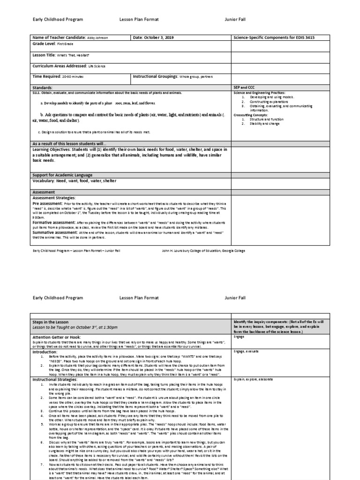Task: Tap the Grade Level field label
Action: [x=44, y=44]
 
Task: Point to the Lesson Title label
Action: [x=45, y=55]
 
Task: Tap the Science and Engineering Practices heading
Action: [x=266, y=93]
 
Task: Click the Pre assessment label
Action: [x=47, y=204]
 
